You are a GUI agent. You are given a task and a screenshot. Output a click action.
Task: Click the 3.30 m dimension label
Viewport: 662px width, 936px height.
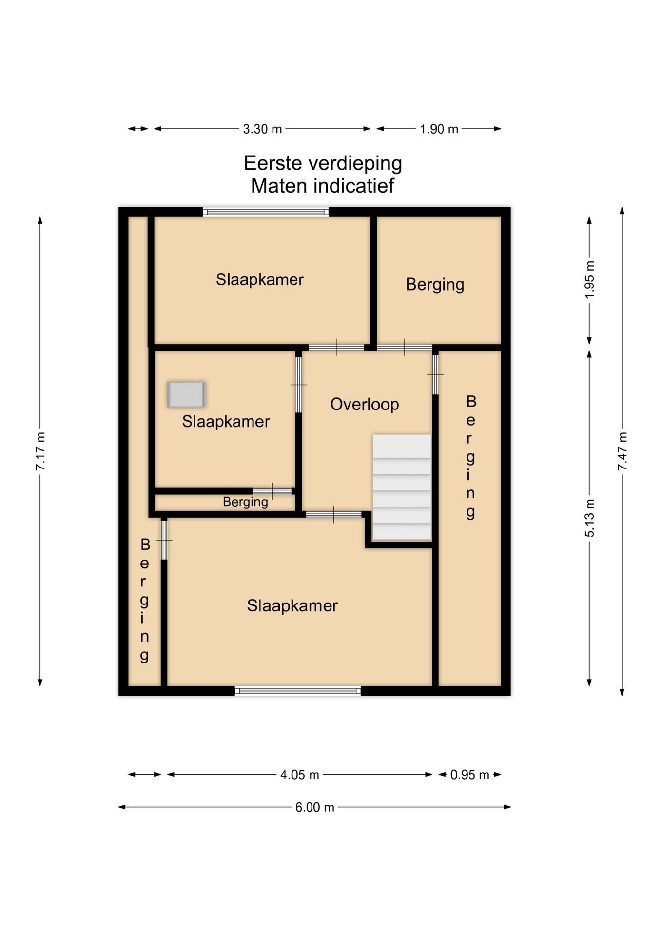(262, 129)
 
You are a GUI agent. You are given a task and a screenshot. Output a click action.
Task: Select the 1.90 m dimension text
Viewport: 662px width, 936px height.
(439, 129)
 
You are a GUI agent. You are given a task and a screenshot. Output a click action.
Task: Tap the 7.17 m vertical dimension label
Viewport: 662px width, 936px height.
(40, 451)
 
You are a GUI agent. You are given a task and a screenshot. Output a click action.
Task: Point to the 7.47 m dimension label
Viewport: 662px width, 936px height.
(623, 451)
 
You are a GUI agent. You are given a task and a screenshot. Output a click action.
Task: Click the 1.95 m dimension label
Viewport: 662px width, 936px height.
(590, 280)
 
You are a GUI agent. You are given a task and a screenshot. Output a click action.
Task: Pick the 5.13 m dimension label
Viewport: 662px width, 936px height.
(590, 518)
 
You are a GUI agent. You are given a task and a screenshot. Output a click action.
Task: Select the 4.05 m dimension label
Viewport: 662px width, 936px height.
(299, 775)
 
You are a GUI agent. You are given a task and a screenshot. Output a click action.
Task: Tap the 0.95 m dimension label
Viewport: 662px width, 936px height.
(469, 775)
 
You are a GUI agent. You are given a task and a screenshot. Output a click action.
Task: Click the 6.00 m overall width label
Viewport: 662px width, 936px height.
(314, 807)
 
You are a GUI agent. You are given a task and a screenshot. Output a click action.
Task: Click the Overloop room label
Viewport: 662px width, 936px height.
(364, 404)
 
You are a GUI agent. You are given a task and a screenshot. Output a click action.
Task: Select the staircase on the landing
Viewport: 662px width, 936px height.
(402, 487)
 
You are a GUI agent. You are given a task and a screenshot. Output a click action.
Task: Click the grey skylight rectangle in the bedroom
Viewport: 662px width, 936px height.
(186, 394)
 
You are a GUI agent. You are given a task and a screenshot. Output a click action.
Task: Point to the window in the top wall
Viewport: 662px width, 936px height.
(266, 212)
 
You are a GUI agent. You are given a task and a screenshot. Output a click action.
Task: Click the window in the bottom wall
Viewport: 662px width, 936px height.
(298, 690)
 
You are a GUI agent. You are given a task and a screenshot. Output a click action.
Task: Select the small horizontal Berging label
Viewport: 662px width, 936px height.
(245, 502)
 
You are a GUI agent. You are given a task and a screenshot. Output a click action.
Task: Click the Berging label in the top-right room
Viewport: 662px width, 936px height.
(435, 284)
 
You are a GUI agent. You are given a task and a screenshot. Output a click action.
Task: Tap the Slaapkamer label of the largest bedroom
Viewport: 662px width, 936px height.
(292, 605)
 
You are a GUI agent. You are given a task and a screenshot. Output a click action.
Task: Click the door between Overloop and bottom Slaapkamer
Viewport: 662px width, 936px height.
(334, 514)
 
